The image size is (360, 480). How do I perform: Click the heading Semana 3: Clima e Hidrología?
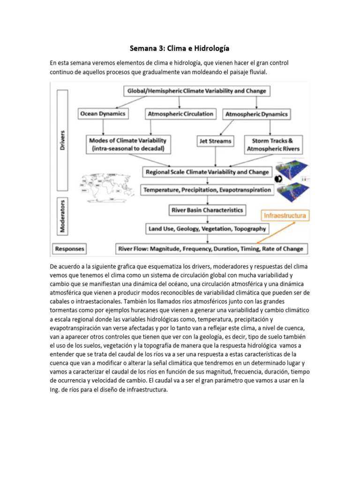click(x=180, y=49)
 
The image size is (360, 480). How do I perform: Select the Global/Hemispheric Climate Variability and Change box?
click(x=196, y=91)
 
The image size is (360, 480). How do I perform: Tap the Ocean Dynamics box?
click(x=102, y=114)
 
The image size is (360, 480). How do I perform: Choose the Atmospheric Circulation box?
click(x=180, y=114)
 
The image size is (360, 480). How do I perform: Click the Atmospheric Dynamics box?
click(x=256, y=114)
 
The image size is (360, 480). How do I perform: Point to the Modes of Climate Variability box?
click(x=127, y=144)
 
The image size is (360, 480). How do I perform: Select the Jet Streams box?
click(x=216, y=141)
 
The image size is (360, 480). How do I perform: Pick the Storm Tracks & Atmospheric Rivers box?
click(x=272, y=144)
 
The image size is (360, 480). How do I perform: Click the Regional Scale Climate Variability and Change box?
click(x=207, y=172)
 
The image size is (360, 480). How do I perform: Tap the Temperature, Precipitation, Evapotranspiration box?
click(x=207, y=190)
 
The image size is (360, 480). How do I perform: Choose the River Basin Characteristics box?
click(x=207, y=210)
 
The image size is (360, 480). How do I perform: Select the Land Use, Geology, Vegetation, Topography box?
click(x=207, y=229)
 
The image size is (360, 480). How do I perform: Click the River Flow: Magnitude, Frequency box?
click(x=210, y=248)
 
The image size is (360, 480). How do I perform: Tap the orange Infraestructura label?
click(x=285, y=216)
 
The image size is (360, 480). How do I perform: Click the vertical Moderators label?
click(x=63, y=217)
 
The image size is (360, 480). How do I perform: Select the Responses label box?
click(x=70, y=248)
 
